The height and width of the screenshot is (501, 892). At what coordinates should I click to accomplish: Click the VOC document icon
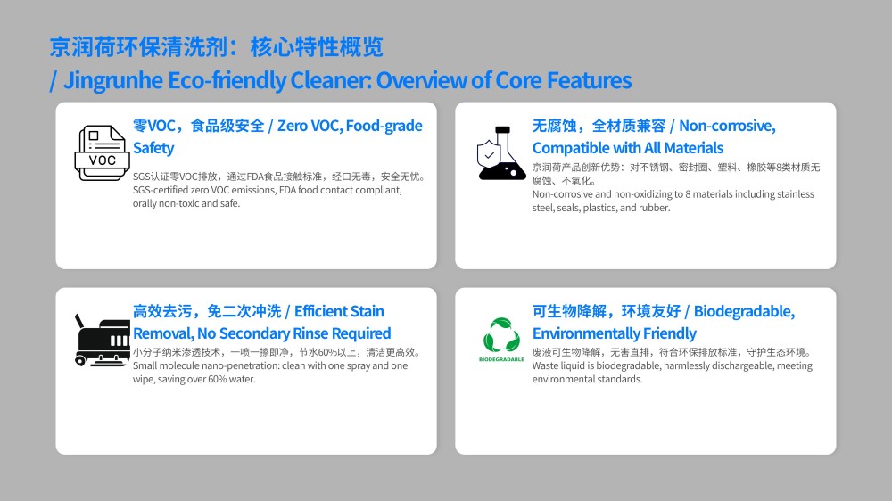tap(103, 153)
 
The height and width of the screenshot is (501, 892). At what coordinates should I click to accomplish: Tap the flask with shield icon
tap(501, 153)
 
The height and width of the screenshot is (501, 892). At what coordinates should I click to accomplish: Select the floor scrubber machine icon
tap(103, 340)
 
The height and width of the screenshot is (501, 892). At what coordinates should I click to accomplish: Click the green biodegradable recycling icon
tap(501, 335)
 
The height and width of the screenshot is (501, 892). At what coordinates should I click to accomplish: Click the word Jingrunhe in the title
tap(113, 81)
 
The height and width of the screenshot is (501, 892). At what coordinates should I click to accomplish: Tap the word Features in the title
tap(589, 80)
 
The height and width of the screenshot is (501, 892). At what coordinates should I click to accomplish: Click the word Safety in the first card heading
tap(153, 148)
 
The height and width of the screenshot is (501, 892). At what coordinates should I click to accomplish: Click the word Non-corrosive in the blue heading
tap(727, 126)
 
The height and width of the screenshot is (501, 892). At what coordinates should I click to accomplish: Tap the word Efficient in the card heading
tap(321, 311)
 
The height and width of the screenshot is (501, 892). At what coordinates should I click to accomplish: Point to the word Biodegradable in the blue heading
tap(744, 311)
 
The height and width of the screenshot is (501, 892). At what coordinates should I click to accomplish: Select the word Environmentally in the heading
tap(582, 333)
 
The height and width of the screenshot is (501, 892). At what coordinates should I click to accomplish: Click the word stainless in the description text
tap(796, 194)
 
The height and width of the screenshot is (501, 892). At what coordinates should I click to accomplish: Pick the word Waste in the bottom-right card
tap(544, 365)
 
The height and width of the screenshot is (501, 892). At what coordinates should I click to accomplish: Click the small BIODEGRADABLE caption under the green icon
tap(501, 359)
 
